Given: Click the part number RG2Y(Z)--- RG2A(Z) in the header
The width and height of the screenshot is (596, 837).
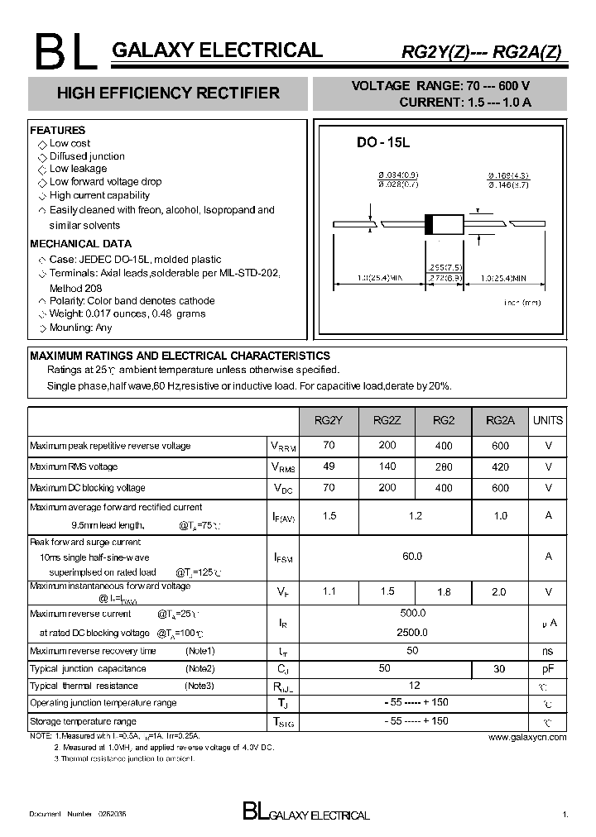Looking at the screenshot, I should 481,51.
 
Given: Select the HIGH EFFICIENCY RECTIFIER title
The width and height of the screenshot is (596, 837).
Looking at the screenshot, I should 168,93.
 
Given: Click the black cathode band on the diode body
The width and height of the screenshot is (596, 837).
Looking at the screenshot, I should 429,223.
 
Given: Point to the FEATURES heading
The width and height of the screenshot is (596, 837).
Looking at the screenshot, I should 58,131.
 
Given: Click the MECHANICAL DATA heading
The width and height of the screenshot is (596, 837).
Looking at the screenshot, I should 80,244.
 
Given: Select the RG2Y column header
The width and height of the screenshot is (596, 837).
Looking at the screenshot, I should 329,420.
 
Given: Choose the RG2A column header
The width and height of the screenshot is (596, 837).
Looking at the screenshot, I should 500,420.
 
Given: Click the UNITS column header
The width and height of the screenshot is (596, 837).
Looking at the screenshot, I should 547,420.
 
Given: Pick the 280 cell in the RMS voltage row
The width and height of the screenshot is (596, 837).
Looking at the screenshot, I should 444,467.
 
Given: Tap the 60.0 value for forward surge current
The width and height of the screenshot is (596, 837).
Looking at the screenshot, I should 412,557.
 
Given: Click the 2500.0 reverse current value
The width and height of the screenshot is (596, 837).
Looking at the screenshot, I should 413,633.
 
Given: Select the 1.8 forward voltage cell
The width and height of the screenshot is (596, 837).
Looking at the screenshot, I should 444,592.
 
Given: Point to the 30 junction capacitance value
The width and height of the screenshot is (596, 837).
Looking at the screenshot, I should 500,668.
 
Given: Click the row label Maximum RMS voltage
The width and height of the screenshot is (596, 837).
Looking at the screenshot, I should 74,467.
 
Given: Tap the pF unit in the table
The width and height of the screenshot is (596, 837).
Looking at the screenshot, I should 547,668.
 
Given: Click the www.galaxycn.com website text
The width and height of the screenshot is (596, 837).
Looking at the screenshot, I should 527,737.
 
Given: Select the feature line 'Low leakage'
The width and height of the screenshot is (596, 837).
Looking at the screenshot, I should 78,169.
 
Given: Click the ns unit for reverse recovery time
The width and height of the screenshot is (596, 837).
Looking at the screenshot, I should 547,651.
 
